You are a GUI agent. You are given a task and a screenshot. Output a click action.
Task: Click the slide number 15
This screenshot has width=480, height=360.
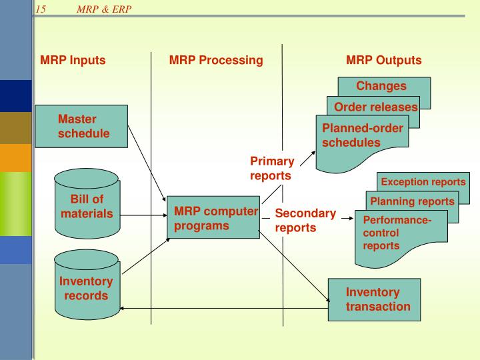(x=41, y=9)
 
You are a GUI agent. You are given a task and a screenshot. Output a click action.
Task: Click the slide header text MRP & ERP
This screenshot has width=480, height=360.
(x=104, y=9)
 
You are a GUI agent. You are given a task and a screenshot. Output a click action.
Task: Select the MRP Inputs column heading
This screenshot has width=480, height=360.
(x=73, y=60)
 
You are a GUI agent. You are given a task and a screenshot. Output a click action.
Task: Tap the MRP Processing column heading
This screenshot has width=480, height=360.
(x=216, y=60)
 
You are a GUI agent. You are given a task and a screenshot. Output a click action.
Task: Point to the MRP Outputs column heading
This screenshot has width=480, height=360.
(x=383, y=60)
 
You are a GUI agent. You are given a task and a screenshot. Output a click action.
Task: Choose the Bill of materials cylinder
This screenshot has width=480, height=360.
(x=87, y=207)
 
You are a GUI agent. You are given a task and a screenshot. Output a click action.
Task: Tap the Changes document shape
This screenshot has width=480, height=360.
(x=382, y=86)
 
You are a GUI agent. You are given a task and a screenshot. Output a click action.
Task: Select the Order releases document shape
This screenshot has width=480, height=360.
(x=375, y=108)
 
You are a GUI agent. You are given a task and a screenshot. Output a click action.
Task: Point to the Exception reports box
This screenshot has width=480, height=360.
(x=423, y=181)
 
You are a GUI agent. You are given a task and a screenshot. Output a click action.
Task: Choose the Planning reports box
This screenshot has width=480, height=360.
(x=412, y=201)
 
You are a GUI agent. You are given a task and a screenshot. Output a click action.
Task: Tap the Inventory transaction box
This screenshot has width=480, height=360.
(x=375, y=299)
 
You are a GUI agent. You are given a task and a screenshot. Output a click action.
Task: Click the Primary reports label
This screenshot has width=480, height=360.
(x=271, y=168)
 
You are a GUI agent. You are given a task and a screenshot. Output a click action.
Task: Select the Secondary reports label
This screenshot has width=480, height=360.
(x=305, y=220)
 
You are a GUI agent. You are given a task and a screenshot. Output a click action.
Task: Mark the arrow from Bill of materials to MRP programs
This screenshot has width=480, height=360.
(x=144, y=215)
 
